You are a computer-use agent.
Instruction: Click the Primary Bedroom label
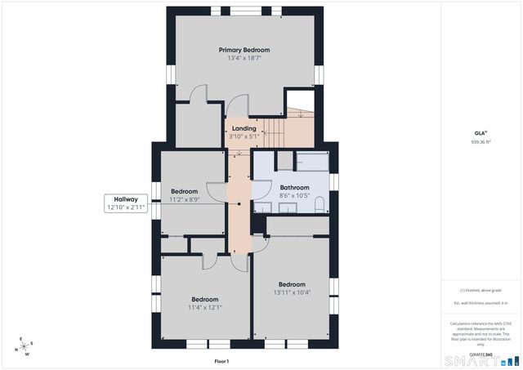coord(244,50)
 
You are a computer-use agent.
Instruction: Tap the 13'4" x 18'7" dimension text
coord(244,59)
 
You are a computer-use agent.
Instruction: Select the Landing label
coord(244,128)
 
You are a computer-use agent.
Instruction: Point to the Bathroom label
coord(294,187)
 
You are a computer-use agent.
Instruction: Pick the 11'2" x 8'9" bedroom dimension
coord(184,199)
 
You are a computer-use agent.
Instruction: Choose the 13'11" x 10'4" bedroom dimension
coord(291,292)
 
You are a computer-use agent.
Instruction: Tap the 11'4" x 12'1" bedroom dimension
coord(205,307)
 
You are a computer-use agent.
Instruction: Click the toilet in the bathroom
coord(320,203)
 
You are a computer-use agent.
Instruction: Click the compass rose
coord(25,345)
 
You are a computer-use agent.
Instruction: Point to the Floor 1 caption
coord(221,361)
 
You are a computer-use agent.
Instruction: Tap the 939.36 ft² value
coord(481,142)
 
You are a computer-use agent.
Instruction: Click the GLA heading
coord(481,133)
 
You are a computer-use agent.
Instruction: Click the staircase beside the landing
coord(298,127)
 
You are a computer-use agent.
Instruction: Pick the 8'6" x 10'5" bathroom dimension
coord(294,196)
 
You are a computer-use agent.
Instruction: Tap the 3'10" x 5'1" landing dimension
coord(244,136)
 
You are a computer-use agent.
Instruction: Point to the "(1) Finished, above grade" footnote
coord(481,290)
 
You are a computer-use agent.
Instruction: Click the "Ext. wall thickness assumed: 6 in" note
coord(481,303)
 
